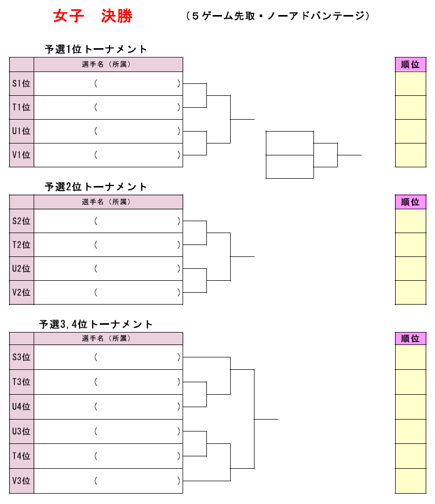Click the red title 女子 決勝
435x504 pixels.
tap(93, 16)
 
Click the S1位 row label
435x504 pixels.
tap(21, 83)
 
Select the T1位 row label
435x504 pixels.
tap(21, 107)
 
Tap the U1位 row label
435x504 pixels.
tap(21, 131)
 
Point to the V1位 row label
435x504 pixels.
tap(21, 155)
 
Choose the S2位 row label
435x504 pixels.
tap(21, 221)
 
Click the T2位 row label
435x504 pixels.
tap(21, 245)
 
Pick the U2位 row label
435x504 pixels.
tap(21, 269)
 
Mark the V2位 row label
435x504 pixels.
tap(21, 293)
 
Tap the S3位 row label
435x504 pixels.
tap(21, 357)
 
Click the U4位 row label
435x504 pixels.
tap(21, 407)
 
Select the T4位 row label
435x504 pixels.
tap(21, 456)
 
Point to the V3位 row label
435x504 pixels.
tap(21, 481)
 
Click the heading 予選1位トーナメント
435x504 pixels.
tap(96, 49)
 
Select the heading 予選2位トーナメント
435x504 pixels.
tap(96, 187)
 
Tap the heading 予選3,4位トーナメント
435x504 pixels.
tap(96, 324)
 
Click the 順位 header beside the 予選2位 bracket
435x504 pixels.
tap(410, 202)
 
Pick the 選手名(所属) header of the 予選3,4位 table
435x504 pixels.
tap(106, 338)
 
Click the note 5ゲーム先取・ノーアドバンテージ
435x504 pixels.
tap(278, 16)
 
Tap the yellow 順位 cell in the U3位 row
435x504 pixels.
tap(411, 431)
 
